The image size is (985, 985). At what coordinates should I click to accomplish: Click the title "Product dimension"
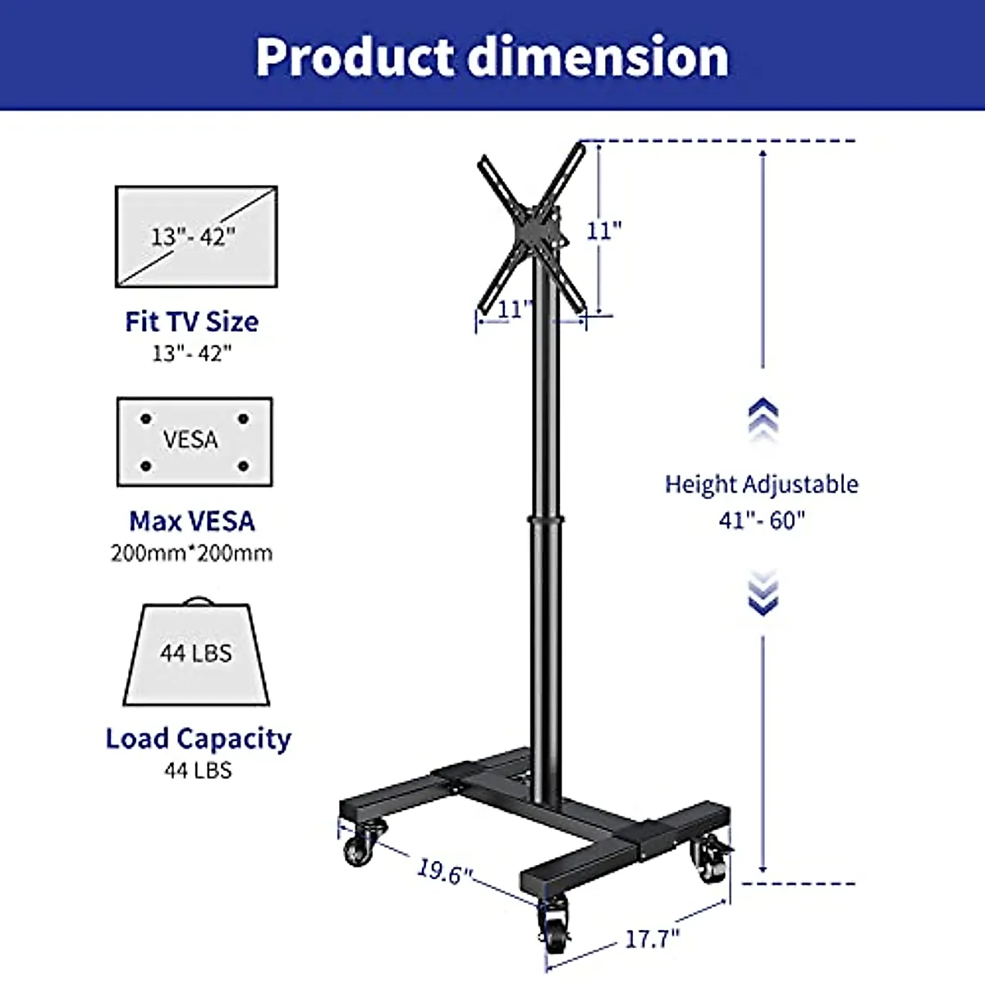point(492,57)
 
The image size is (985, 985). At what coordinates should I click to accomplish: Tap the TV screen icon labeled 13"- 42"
point(196,236)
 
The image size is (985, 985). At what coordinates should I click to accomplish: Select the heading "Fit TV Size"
point(192,322)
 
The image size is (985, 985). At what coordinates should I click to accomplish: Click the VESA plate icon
point(195,442)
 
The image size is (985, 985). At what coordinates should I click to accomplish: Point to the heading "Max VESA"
point(192,521)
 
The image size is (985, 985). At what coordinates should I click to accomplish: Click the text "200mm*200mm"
point(192,553)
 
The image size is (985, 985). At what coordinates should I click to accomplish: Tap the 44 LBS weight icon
point(196,652)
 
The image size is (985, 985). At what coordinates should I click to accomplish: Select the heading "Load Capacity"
point(199,739)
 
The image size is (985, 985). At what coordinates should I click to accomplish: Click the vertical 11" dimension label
point(603,231)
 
